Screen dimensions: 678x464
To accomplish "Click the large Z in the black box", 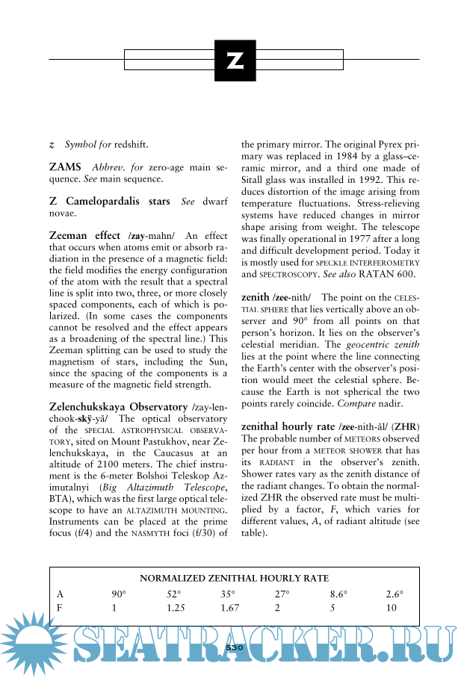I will click(x=235, y=60).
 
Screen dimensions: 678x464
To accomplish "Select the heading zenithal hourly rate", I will click(x=287, y=426).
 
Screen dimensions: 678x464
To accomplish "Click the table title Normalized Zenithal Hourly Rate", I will click(x=234, y=579).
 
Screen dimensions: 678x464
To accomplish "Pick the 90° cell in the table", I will click(x=119, y=594).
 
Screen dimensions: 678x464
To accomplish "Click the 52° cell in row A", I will click(x=174, y=594).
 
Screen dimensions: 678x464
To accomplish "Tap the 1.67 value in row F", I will click(x=229, y=609).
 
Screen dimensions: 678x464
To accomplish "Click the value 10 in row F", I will click(x=392, y=609).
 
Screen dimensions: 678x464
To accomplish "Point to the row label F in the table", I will click(x=60, y=609).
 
